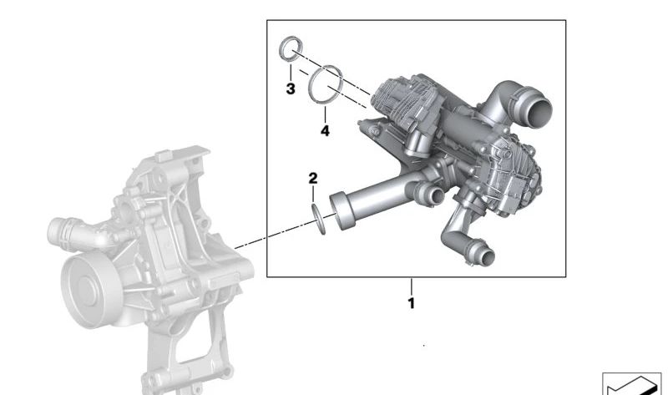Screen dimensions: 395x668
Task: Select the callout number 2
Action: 312,179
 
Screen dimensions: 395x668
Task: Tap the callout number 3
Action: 290,89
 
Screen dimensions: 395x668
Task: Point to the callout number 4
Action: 325,131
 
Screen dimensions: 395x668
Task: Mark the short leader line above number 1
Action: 411,286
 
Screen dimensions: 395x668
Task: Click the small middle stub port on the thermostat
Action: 434,196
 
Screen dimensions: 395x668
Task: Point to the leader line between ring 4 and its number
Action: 325,111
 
